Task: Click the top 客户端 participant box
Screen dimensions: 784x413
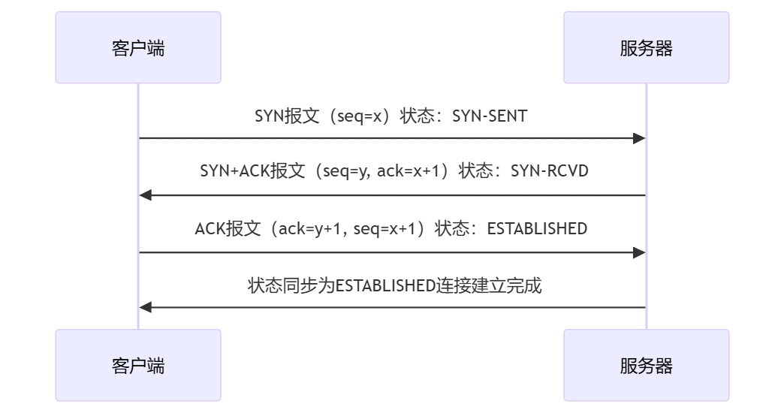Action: (x=138, y=47)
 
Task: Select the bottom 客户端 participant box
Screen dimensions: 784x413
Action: (x=138, y=365)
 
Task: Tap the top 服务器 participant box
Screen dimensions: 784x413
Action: (x=646, y=47)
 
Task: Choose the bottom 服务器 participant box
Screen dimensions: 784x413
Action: (x=646, y=365)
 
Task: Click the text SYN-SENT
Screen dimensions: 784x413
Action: (x=490, y=116)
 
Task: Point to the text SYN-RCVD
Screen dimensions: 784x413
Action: (x=550, y=171)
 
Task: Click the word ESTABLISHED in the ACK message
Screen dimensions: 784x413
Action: (x=537, y=228)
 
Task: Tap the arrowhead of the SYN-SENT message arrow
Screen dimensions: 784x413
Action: (x=639, y=138)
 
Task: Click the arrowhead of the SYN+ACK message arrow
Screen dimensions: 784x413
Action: (x=146, y=195)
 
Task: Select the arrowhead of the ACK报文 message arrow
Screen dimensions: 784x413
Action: (x=639, y=253)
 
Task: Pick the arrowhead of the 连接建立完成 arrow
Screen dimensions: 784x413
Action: (x=146, y=308)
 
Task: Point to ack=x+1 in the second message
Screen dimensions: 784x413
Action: (x=408, y=171)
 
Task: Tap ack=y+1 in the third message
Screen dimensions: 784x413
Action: (x=309, y=229)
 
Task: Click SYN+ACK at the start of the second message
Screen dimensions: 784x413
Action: (x=234, y=171)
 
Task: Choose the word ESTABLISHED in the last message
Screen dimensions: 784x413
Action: (x=385, y=286)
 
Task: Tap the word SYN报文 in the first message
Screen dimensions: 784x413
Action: (x=287, y=116)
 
